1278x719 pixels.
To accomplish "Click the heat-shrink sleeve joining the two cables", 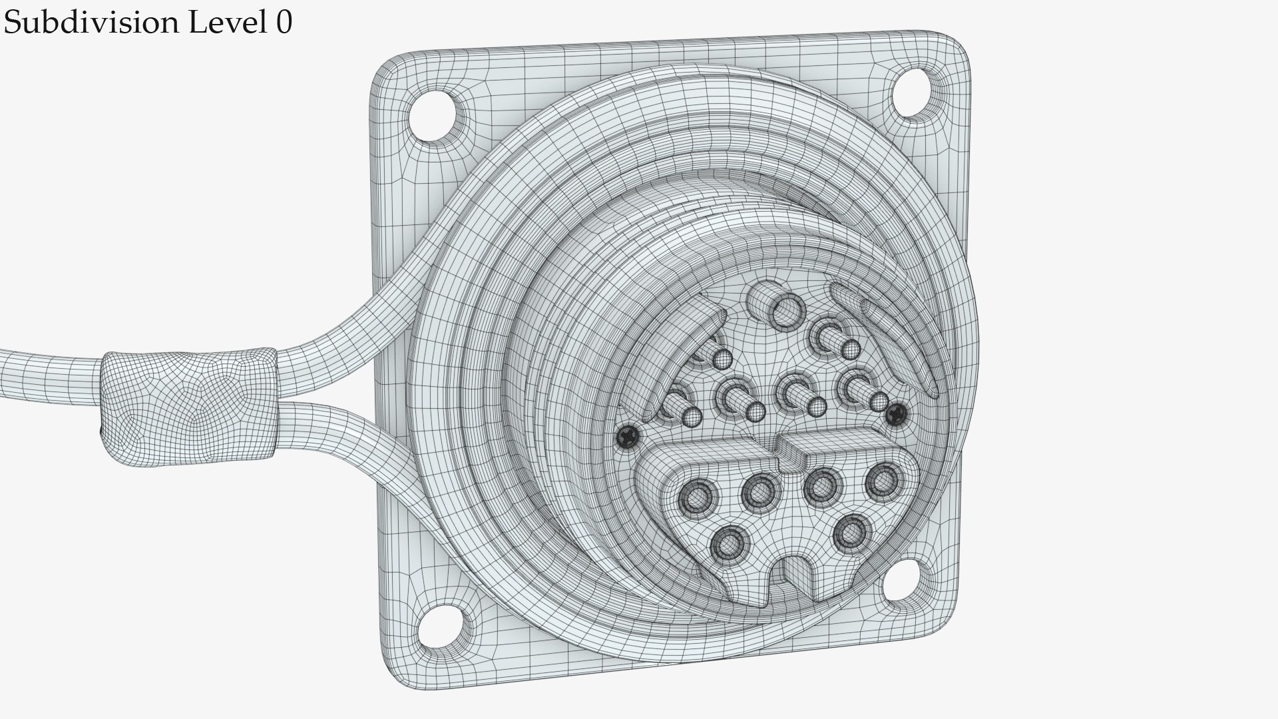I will point(190,406).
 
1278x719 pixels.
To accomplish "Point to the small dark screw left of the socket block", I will point(628,437).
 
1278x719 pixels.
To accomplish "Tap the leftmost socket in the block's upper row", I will point(697,496).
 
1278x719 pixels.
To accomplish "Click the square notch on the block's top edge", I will point(790,457).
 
